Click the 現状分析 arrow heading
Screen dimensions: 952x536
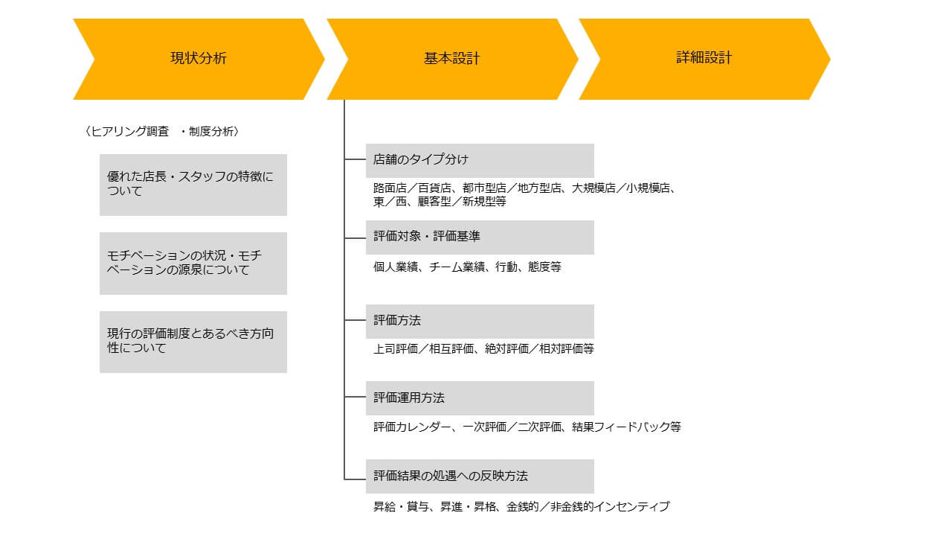pos(199,59)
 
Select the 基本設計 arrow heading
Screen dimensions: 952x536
pos(452,59)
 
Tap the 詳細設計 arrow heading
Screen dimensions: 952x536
pos(704,59)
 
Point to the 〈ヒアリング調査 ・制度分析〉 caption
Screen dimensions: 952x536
pos(162,132)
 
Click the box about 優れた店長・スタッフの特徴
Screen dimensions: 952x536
pos(193,185)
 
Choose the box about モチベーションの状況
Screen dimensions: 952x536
pos(193,264)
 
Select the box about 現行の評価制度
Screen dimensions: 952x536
pos(193,342)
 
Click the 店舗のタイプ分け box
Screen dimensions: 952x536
pos(480,160)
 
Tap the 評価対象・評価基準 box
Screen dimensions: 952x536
pos(480,237)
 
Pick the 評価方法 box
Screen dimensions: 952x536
pos(480,321)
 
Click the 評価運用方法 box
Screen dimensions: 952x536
pos(480,398)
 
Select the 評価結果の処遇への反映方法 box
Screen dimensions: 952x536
pos(480,476)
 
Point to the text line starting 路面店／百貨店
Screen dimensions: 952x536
pos(525,188)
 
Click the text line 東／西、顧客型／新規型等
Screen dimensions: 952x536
pos(440,202)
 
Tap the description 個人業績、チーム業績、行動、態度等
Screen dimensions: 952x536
pos(468,267)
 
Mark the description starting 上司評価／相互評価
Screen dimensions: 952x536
pos(483,349)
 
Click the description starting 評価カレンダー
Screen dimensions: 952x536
pos(527,427)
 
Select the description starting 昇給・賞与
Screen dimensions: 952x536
pos(521,507)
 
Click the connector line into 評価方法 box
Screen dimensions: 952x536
pos(355,320)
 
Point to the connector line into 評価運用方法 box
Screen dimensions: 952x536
pos(355,397)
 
